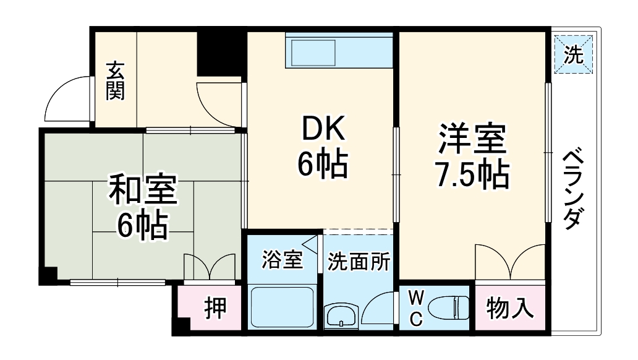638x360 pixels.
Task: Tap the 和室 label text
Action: click(x=143, y=191)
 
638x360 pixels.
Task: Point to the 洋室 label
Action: click(x=473, y=140)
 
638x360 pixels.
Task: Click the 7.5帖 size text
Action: click(x=473, y=176)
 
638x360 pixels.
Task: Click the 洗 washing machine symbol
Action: click(x=573, y=55)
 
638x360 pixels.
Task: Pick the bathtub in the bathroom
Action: click(x=282, y=308)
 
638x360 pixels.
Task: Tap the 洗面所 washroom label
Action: click(x=359, y=262)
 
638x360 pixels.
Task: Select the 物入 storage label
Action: click(x=510, y=307)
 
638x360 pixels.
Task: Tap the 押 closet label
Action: click(x=215, y=307)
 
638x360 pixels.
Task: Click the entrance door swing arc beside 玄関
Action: click(x=67, y=99)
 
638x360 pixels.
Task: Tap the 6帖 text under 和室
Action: click(x=143, y=226)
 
